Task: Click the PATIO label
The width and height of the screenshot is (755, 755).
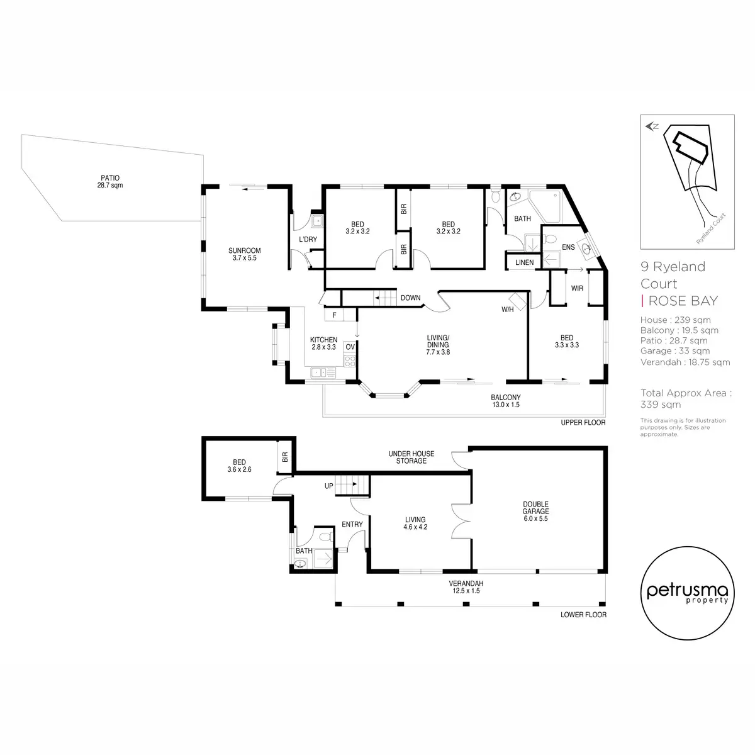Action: [109, 181]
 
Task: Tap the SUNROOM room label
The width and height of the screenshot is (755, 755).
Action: [245, 254]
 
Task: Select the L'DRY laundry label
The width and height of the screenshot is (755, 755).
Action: [308, 239]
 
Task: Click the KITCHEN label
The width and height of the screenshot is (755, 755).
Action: [323, 344]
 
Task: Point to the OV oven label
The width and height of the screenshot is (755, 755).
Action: [350, 347]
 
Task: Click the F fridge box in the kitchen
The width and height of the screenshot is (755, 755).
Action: [334, 315]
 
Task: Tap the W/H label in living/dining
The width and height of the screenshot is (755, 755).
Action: [507, 310]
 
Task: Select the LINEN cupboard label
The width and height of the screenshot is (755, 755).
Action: [524, 262]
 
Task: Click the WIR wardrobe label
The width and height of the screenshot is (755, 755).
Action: [577, 288]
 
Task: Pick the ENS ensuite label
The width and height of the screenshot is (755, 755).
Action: [568, 247]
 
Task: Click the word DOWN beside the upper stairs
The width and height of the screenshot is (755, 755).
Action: [411, 298]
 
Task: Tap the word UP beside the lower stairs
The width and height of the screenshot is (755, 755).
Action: [328, 486]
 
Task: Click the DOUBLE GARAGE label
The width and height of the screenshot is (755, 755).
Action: [535, 512]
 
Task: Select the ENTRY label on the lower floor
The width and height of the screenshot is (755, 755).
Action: [352, 524]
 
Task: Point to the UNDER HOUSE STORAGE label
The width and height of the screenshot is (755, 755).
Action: [411, 457]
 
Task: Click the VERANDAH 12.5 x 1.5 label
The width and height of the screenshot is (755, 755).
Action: [466, 587]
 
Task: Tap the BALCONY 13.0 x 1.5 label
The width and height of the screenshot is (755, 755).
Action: [506, 401]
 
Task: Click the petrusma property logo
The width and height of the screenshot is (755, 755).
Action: [688, 593]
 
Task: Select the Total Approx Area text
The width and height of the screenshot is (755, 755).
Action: [686, 398]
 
